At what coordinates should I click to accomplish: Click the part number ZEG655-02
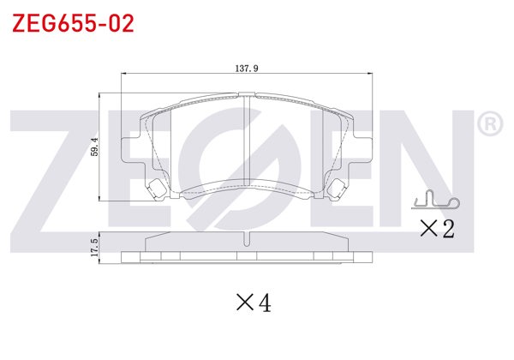(x=72, y=23)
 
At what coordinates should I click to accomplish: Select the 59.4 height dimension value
(x=93, y=147)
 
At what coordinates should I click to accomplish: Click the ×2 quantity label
(x=435, y=228)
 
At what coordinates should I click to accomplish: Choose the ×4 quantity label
(x=253, y=303)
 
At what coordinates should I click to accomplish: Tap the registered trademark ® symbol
(x=488, y=125)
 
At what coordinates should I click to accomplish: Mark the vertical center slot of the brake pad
(x=248, y=146)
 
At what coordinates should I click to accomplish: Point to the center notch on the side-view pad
(x=248, y=239)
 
